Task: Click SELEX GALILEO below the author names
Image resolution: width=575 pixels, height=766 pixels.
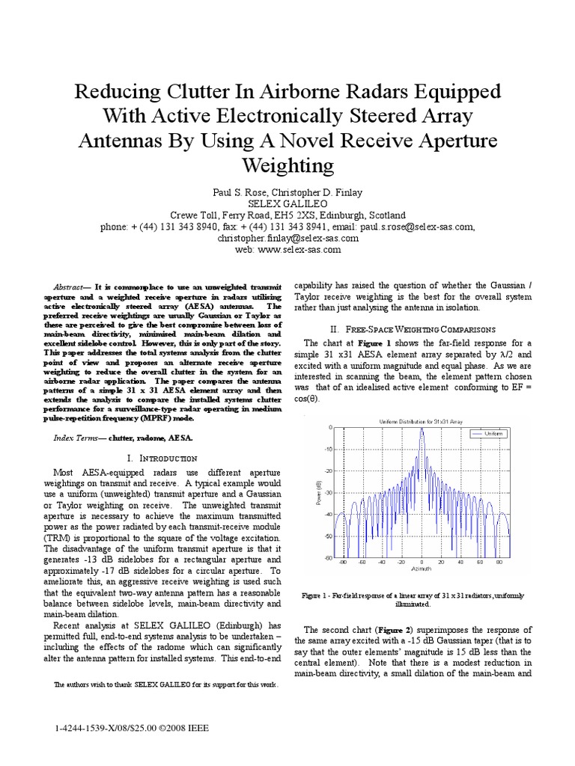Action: [287, 203]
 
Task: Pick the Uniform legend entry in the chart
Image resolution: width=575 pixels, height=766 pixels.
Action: [491, 433]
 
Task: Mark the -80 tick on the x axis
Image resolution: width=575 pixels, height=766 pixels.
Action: [343, 562]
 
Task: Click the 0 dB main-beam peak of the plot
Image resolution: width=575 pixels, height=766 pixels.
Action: [422, 429]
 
